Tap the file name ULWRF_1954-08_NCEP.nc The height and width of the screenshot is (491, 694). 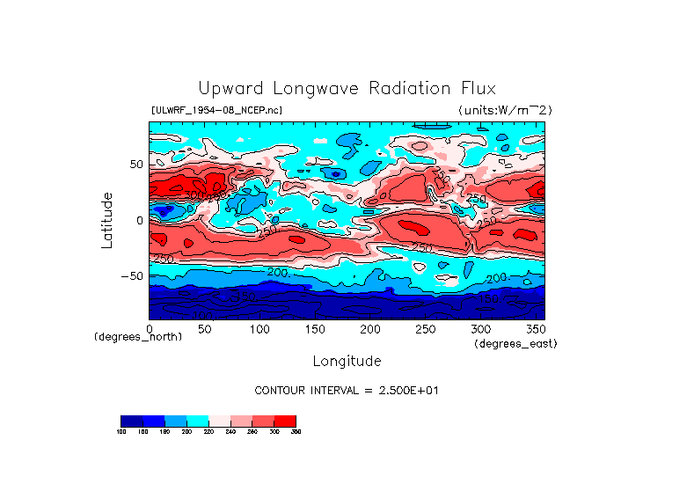217,110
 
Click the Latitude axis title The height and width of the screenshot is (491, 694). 107,220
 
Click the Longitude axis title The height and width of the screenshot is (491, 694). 347,361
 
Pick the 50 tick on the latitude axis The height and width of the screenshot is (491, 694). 135,165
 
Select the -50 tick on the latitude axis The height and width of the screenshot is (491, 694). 132,275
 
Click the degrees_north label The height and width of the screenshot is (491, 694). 132,336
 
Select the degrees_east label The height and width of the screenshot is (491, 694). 515,343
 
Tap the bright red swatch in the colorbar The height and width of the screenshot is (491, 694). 285,421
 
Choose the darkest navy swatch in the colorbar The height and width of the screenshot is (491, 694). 131,421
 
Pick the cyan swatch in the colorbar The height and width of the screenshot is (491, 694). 197,421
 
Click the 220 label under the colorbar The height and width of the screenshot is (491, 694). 208,432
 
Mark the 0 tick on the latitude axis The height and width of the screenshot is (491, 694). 139,220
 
